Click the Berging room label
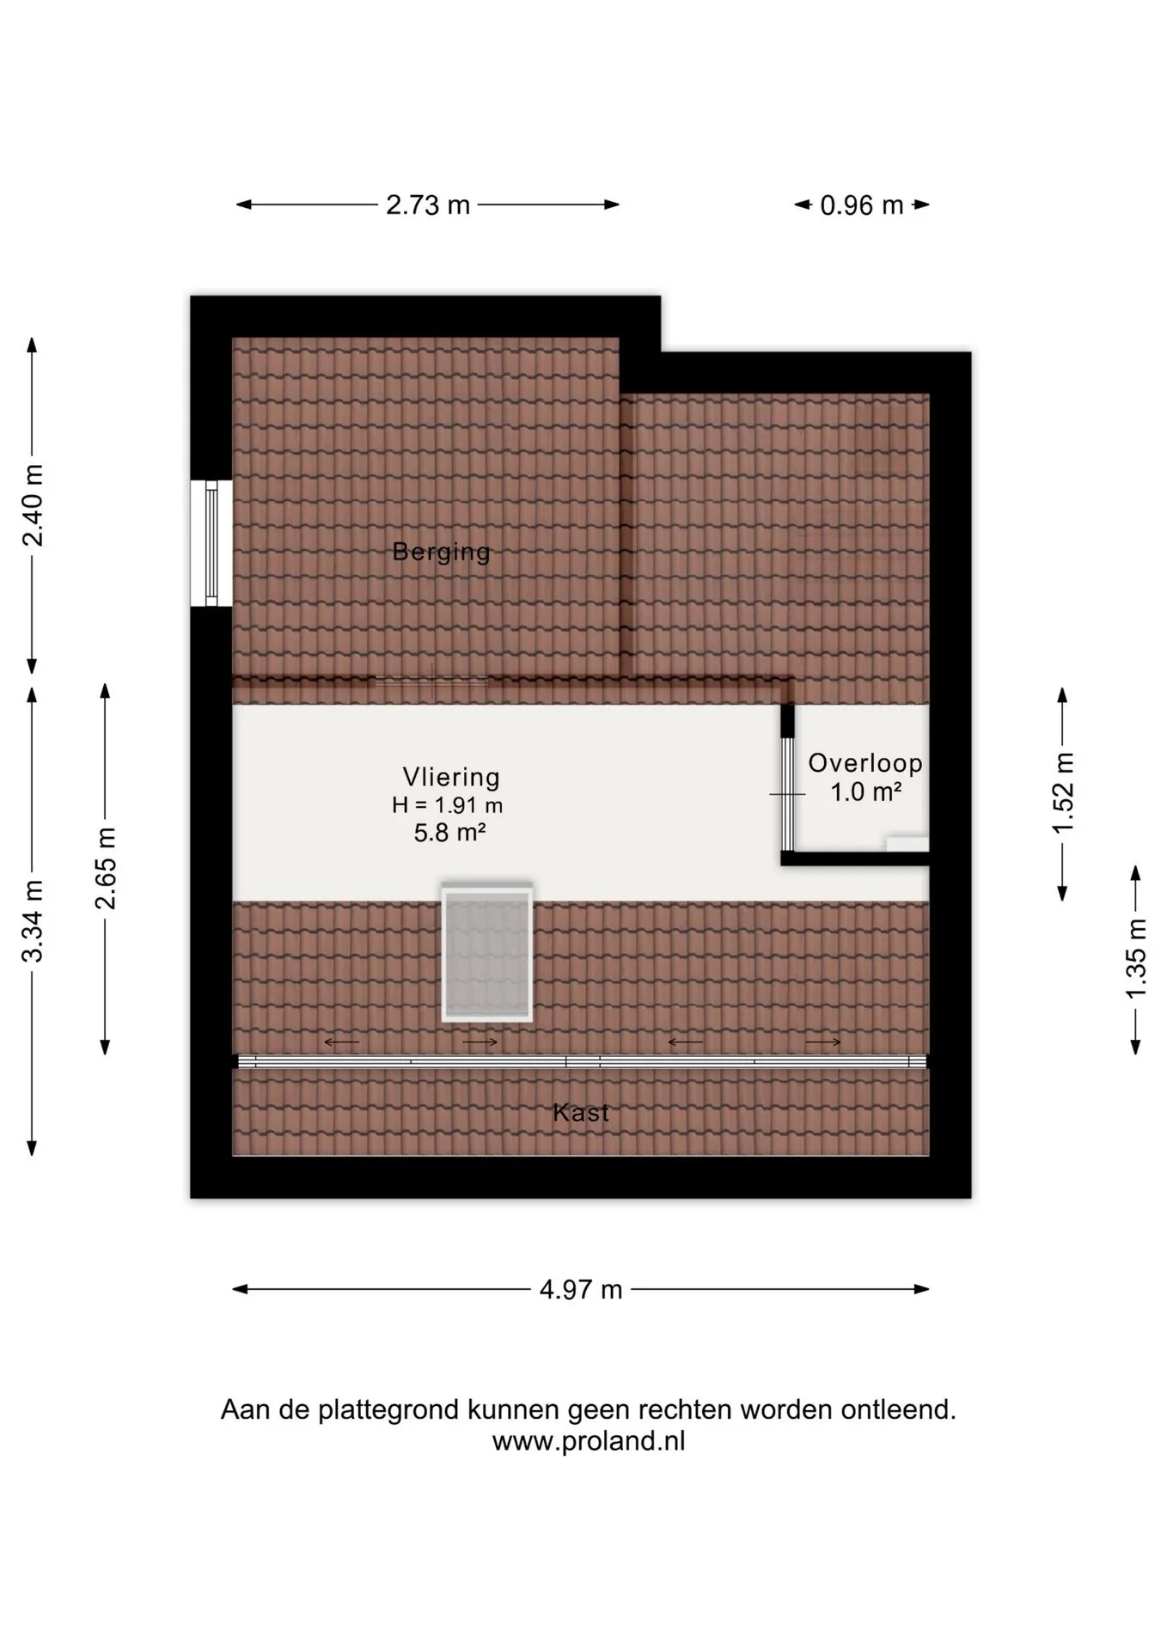pos(441,552)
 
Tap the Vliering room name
pos(451,777)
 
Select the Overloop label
pos(865,763)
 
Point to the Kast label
pos(581,1112)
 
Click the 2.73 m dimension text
pos(428,205)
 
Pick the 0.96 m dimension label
pos(862,205)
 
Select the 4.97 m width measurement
pos(581,1290)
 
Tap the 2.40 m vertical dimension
pos(33,505)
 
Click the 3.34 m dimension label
pos(33,921)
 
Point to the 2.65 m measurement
pos(106,869)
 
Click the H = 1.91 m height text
pos(447,806)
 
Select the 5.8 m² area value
pos(450,833)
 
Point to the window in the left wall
pos(211,543)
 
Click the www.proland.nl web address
pos(589,1441)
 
